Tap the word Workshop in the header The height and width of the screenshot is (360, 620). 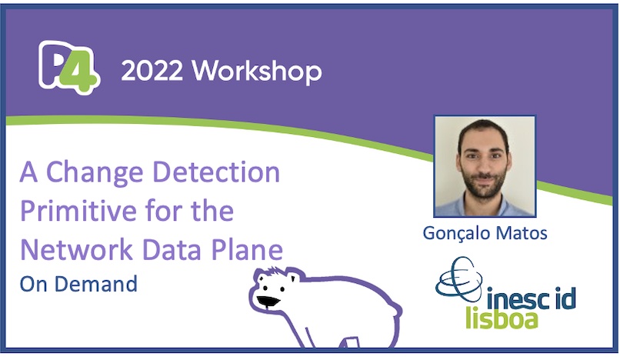click(257, 72)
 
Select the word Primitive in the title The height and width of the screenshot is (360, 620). click(72, 211)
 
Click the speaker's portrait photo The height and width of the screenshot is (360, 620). click(484, 166)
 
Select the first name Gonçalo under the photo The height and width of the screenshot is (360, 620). click(455, 232)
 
